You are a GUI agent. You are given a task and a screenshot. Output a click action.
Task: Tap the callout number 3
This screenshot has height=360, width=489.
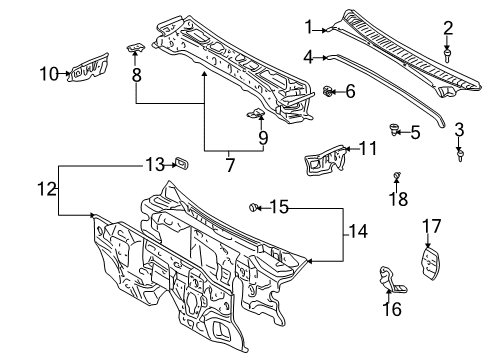coord(459,129)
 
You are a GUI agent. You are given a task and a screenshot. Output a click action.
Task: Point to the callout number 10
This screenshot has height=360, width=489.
coord(48,72)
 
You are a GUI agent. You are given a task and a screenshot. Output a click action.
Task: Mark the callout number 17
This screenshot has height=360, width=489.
coord(431,225)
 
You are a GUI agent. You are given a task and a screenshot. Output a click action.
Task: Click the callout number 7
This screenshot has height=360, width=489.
coord(229,164)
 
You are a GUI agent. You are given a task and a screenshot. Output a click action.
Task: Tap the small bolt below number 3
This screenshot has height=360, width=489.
coord(460,153)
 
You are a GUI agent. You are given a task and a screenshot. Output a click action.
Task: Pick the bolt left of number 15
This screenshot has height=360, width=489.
coord(253,207)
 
